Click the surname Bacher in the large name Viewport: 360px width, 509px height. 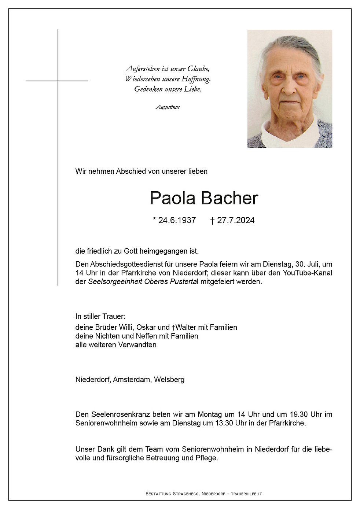pos(230,198)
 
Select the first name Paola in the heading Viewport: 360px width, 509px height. pos(173,198)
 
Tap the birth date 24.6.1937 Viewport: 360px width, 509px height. pos(177,220)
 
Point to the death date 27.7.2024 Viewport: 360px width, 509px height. pos(236,220)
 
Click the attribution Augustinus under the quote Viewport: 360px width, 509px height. pos(168,107)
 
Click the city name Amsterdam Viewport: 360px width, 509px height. pos(132,380)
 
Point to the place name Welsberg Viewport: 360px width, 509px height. pos(169,380)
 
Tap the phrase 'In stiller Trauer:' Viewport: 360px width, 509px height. pos(100,316)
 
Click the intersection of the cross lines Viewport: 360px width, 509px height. pos(58,81)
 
